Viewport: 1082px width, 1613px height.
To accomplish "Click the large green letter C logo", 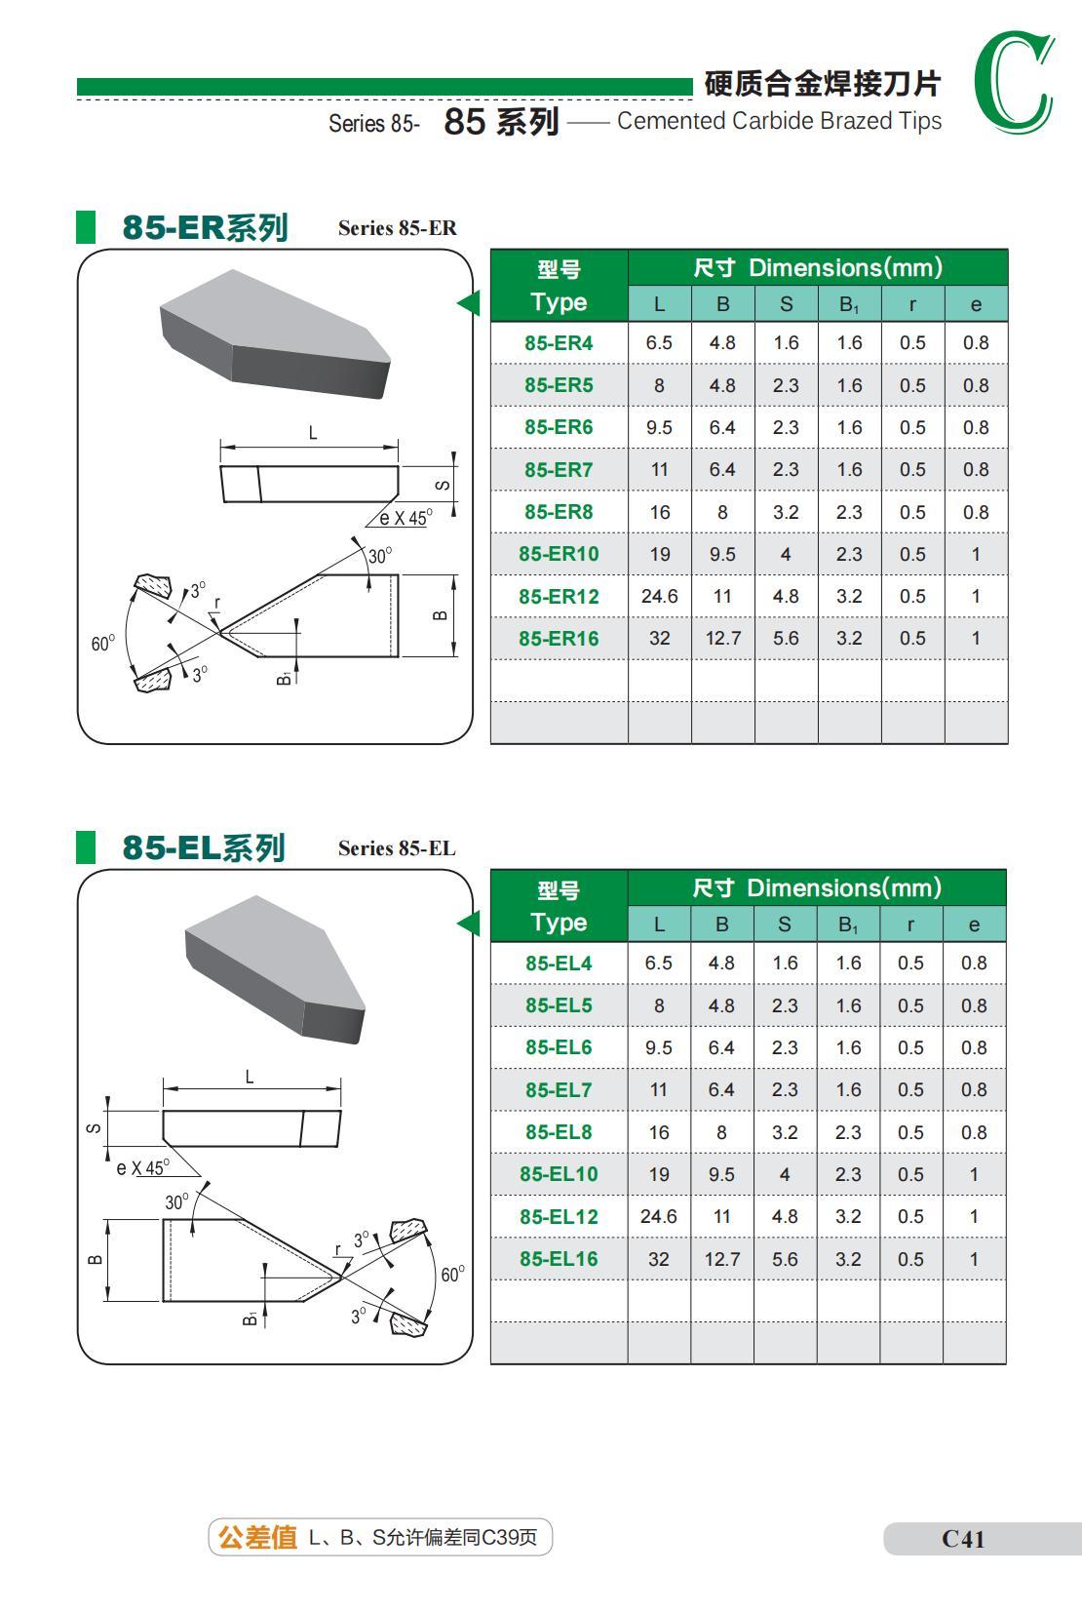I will pos(1014,83).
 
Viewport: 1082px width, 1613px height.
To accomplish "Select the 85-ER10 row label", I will pos(559,554).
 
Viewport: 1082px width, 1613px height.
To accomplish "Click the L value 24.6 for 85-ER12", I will pos(659,596).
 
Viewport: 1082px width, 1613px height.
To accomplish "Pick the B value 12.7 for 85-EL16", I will pos(721,1259).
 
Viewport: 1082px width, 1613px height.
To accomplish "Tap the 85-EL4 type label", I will pos(559,964).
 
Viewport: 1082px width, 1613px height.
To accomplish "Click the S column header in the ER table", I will pos(786,304).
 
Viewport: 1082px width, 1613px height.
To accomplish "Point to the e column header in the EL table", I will pos(974,925).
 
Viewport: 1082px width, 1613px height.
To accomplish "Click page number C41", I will pos(963,1539).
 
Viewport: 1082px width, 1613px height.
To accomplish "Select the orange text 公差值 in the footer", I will pos(257,1538).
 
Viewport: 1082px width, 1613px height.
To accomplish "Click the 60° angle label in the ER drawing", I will pos(102,644).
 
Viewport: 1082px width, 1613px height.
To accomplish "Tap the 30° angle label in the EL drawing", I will pos(176,1202).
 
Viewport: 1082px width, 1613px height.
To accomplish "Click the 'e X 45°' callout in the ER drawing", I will pos(404,519).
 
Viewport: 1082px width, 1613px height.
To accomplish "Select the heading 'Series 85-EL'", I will pos(397,848).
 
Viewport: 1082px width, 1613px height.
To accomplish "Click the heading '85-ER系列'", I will pos(205,227).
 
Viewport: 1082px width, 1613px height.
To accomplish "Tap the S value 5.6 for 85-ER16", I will pos(786,639).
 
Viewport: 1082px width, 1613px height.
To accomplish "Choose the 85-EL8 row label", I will pos(559,1132).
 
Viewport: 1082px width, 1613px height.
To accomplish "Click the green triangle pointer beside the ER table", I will pos(470,303).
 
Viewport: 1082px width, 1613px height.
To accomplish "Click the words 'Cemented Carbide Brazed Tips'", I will pos(779,121).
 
